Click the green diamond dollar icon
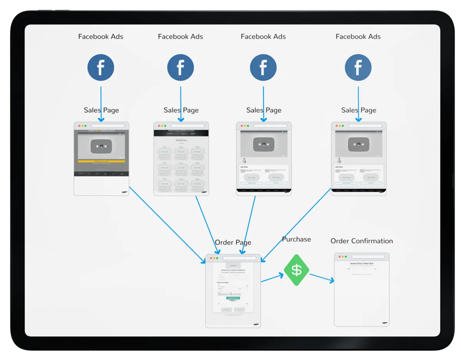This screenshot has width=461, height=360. (296, 270)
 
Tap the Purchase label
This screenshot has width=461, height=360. (296, 239)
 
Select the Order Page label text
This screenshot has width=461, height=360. (233, 242)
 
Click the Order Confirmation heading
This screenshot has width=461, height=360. (362, 241)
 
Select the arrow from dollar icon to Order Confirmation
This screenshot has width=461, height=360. (322, 278)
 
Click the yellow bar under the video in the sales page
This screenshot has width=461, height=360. (101, 161)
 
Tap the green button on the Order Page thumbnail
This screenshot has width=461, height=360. (233, 298)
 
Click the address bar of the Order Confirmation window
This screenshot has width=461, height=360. (368, 257)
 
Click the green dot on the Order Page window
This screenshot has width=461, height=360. (217, 258)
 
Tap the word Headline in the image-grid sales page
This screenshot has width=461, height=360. (181, 141)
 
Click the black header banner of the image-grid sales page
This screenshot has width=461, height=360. (181, 133)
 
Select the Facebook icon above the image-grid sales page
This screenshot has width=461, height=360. (180, 68)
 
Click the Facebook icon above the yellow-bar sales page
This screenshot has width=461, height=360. (101, 68)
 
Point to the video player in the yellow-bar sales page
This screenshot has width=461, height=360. (101, 146)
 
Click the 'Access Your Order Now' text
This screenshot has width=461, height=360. (362, 264)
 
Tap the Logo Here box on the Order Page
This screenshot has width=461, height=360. (233, 265)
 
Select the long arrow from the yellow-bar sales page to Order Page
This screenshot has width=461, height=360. (167, 225)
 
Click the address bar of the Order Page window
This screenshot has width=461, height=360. (239, 258)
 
